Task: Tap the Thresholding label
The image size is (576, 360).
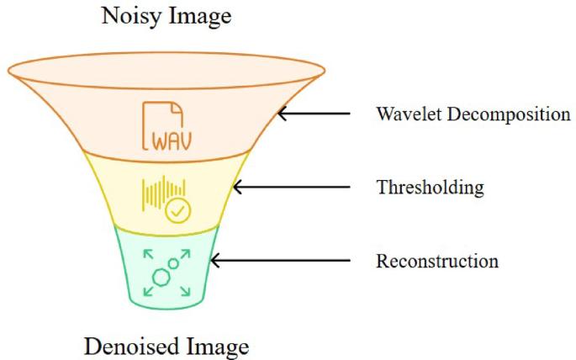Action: [430, 187]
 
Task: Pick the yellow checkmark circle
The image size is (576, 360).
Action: [178, 210]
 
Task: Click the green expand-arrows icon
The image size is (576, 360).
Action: [166, 272]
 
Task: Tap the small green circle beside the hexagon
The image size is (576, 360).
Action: [174, 264]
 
